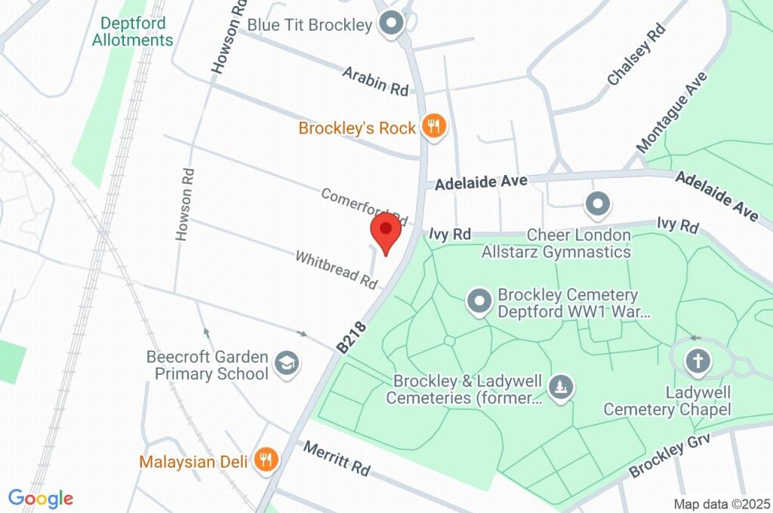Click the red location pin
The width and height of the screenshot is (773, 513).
point(386,232)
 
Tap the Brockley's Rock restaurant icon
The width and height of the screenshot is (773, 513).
point(433,127)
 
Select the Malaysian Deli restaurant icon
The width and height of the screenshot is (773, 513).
point(265,459)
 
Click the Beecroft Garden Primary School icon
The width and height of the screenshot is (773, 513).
point(286,364)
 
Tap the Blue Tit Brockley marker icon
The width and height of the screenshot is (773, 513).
point(392,24)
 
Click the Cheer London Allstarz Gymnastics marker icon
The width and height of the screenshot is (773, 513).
point(598,203)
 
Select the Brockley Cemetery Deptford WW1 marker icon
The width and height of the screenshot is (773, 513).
point(479,302)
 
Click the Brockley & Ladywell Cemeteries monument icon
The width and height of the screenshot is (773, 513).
point(560,388)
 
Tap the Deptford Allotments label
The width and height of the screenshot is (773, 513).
point(133,32)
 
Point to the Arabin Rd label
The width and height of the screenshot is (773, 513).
point(375,81)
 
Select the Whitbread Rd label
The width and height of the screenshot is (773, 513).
point(336,269)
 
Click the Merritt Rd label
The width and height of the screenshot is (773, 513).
point(337,458)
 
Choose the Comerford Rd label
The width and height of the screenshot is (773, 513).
point(364,206)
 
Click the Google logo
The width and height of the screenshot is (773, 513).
point(41,499)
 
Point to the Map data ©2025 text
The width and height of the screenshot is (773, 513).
point(722,504)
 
